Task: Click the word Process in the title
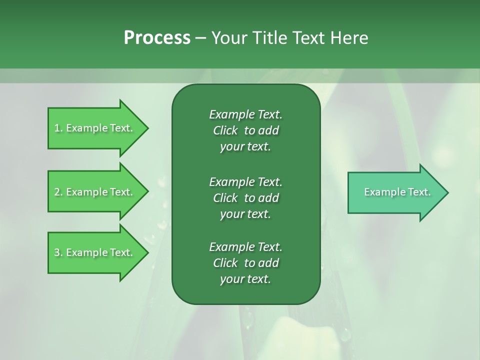pos(157,38)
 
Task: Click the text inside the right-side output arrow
pos(397,192)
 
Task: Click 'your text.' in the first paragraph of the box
pos(245,147)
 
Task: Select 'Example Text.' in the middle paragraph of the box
pos(245,181)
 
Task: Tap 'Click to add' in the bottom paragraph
pos(245,263)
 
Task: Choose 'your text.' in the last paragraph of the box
pos(245,279)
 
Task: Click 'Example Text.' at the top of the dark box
pos(245,114)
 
